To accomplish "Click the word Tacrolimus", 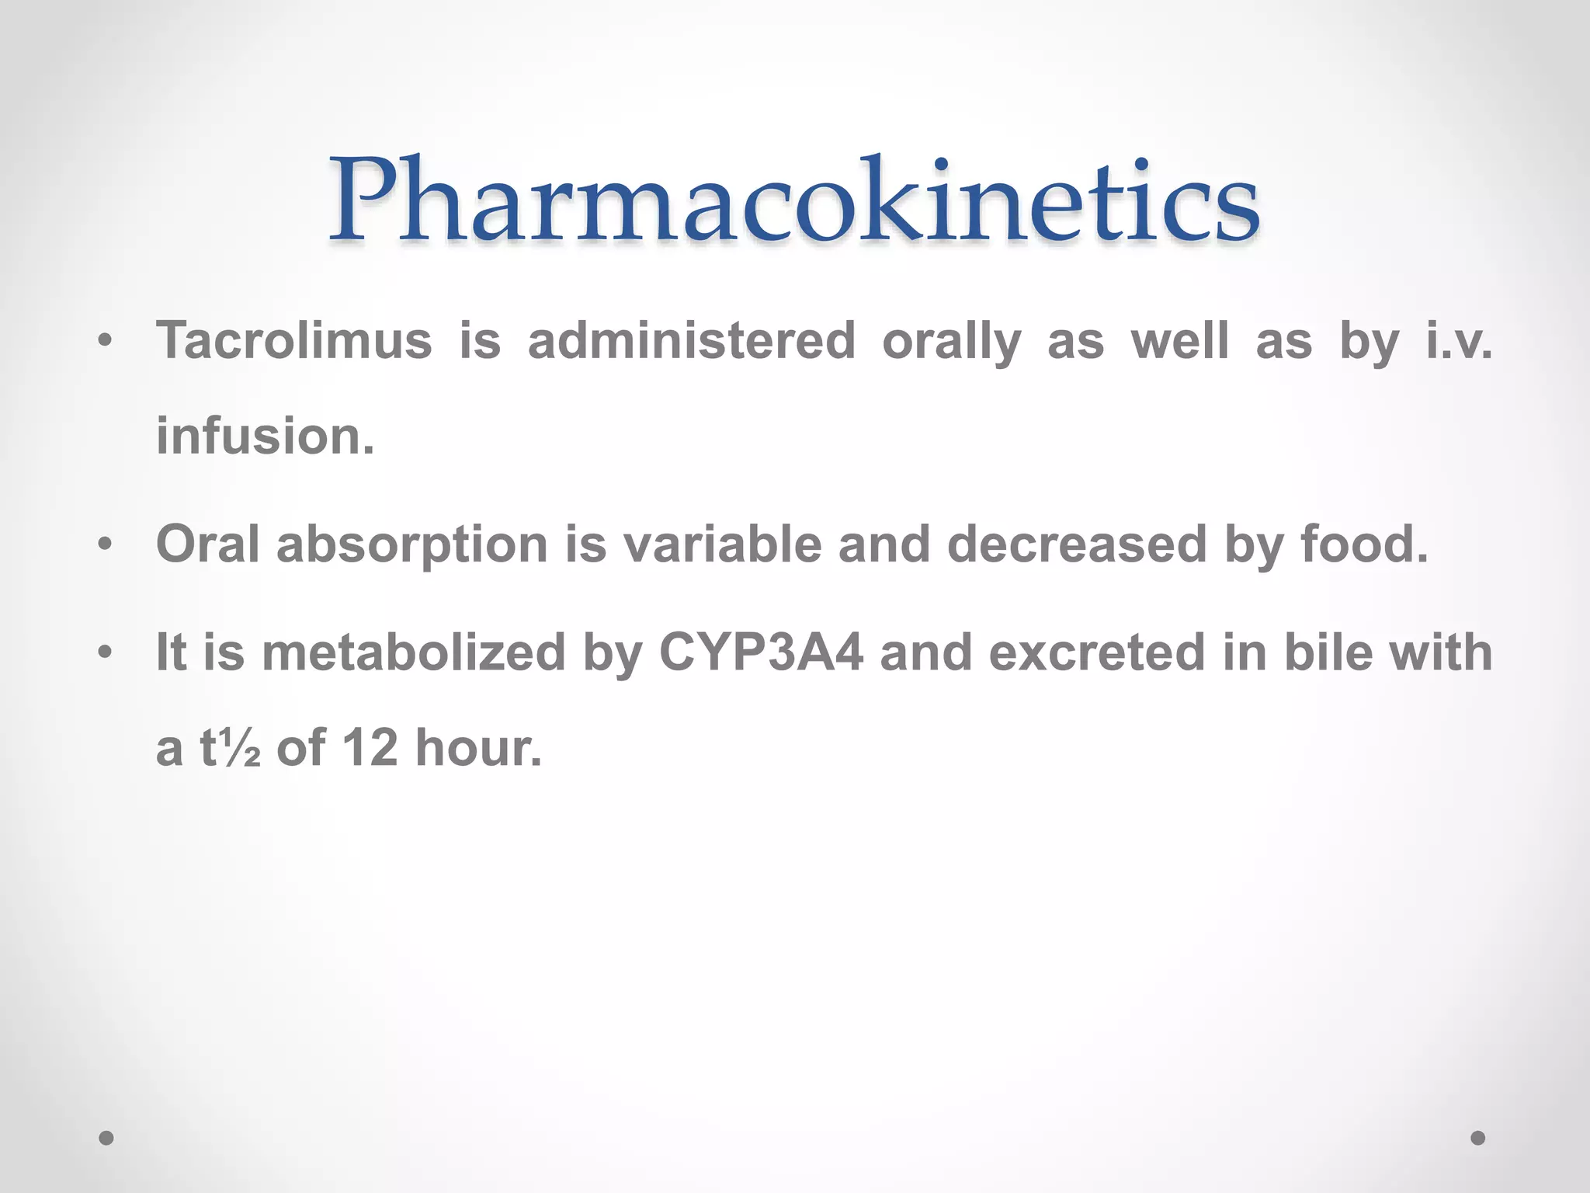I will coord(293,341).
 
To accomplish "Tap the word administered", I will coord(691,341).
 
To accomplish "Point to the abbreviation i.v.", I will coord(1459,341).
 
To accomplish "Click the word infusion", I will coord(265,436).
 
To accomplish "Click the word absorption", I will coord(412,545).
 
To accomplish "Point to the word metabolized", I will coord(414,652).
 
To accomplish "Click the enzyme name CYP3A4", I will coord(760,652).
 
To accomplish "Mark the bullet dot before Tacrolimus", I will coord(106,341).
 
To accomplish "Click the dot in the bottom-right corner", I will coord(1478,1138).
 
